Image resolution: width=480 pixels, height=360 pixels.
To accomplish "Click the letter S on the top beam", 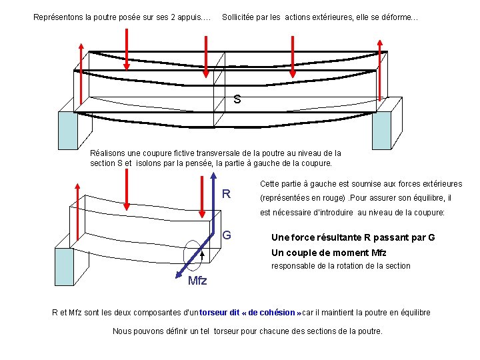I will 237,101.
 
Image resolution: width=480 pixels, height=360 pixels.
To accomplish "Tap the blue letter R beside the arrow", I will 227,194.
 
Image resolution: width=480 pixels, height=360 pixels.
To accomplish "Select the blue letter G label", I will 227,235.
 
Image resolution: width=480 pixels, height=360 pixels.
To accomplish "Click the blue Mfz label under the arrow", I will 197,281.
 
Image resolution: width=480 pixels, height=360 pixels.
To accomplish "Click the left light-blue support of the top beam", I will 67,130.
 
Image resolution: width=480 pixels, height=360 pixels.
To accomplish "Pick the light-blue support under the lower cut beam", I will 64,267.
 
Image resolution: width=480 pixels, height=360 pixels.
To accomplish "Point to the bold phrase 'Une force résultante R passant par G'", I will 353,237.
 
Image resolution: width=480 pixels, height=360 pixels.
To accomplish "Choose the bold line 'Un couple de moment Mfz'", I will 329,253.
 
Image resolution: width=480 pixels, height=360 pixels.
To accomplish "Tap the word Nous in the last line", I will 123,331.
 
